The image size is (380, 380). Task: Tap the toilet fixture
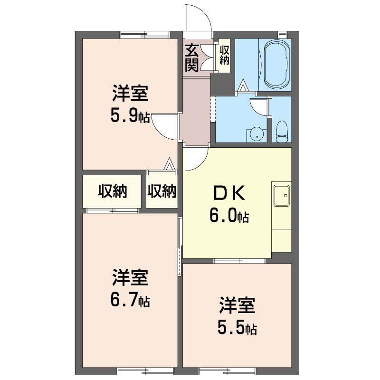281,132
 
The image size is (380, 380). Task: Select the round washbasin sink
256,135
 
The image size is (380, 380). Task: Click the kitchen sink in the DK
281,196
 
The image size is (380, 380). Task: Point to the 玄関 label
192,58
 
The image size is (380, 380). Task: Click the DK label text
229,193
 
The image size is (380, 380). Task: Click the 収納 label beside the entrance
224,55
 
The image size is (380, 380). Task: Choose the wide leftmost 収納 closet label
113,191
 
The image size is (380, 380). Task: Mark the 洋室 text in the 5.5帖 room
237,305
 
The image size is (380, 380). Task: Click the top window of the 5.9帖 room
145,35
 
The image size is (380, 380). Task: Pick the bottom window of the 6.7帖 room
146,371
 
